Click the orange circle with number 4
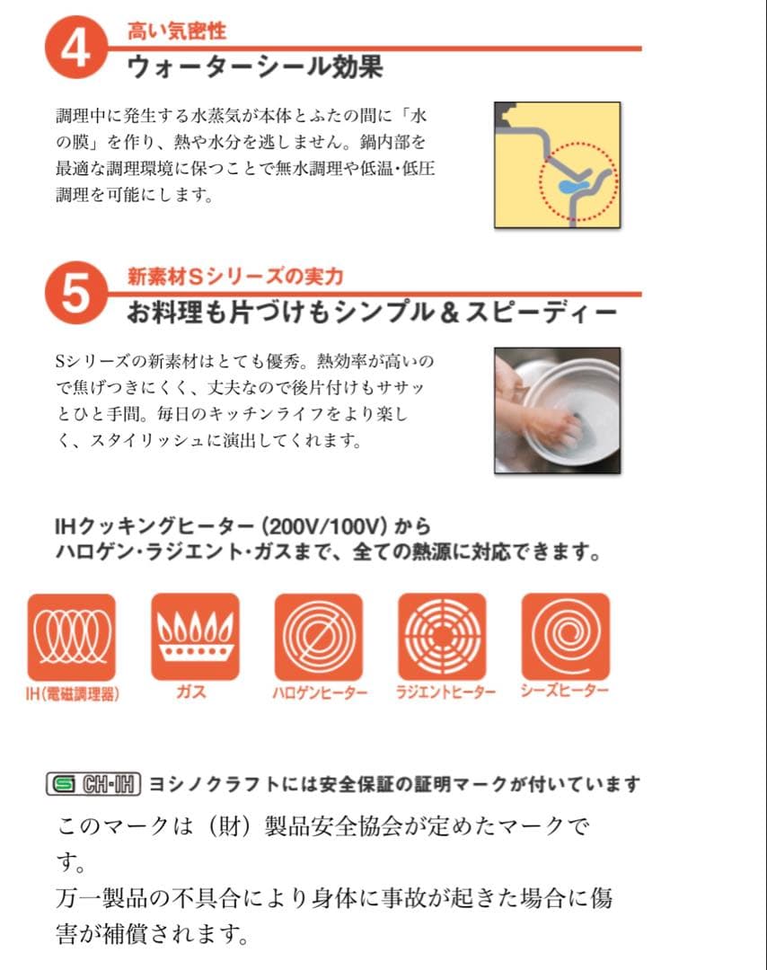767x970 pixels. (74, 48)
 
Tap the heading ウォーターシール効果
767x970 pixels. (255, 67)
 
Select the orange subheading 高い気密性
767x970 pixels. (177, 31)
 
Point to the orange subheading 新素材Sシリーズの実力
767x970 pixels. (235, 276)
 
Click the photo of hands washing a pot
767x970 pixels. (557, 410)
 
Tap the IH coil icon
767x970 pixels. (71, 637)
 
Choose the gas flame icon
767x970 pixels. (195, 637)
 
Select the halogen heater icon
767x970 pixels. (318, 637)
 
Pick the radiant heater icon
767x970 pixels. (441, 637)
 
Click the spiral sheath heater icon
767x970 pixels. (565, 637)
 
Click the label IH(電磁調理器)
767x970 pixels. (73, 692)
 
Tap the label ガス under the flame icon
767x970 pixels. (192, 692)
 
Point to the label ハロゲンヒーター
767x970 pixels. (319, 692)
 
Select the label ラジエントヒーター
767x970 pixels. (445, 692)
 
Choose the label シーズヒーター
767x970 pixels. (564, 691)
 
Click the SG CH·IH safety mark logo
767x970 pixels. (93, 784)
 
